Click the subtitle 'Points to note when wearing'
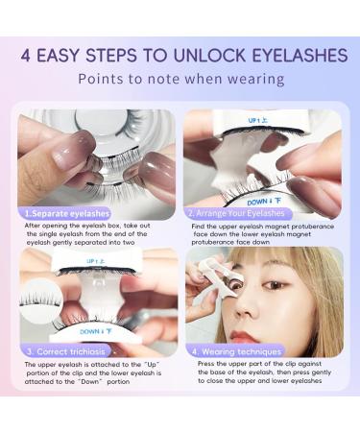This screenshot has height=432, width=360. pyautogui.click(x=180, y=79)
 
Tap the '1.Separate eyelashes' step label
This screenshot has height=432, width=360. pyautogui.click(x=63, y=212)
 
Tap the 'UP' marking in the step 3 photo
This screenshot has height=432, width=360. pyautogui.click(x=94, y=260)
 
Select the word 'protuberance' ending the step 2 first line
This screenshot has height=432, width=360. pyautogui.click(x=313, y=227)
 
